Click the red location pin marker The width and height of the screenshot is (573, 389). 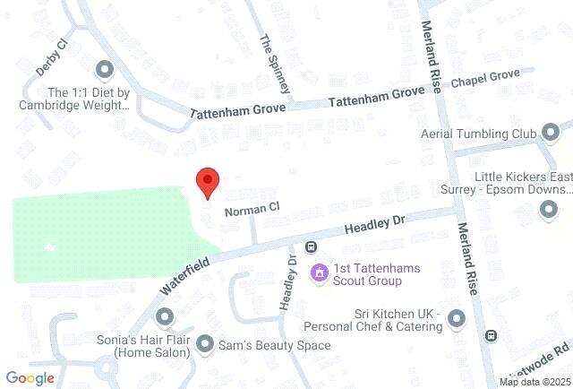pos(208,182)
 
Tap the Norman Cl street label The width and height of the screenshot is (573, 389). pos(252,210)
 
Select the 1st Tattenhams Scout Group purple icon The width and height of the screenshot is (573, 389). pos(318,272)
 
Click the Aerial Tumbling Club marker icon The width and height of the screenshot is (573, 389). pos(550,134)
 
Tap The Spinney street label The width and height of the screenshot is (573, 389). pos(275,64)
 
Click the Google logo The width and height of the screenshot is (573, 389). pos(30,378)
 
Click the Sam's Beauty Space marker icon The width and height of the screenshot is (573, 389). pos(205,344)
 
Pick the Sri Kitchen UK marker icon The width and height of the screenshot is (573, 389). pos(457,319)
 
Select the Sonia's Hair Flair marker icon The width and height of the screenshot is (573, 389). pos(164,316)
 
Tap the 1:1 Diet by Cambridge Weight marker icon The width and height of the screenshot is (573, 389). pos(104,69)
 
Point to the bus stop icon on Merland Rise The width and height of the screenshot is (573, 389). pos(491,335)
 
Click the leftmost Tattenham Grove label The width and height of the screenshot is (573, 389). pos(238,110)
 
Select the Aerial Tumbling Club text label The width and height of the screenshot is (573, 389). pos(477,134)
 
